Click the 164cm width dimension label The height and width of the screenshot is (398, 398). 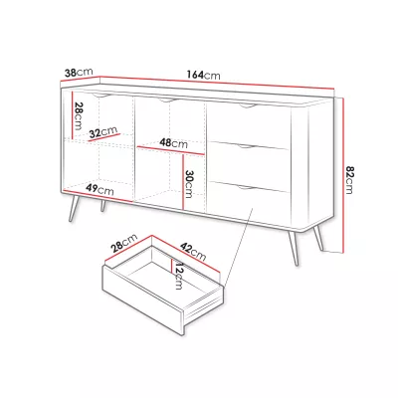(x=203, y=75)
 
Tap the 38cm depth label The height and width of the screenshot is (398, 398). (x=79, y=72)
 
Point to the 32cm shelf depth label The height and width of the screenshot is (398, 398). (x=103, y=132)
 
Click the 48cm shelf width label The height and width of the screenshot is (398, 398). (x=173, y=143)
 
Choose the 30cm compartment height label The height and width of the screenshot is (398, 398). (x=189, y=184)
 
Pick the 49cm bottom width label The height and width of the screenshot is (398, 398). (x=99, y=189)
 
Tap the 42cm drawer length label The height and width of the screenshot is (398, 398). (x=193, y=251)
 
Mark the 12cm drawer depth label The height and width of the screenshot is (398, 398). (x=178, y=276)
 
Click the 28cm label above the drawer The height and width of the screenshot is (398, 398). (x=124, y=243)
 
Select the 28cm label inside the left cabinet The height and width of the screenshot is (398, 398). (x=79, y=116)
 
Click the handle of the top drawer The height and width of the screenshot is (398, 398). (x=247, y=105)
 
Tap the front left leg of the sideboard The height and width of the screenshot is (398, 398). (x=74, y=208)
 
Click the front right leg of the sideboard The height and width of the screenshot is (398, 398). (x=294, y=248)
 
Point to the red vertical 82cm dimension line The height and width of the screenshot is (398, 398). (x=343, y=175)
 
